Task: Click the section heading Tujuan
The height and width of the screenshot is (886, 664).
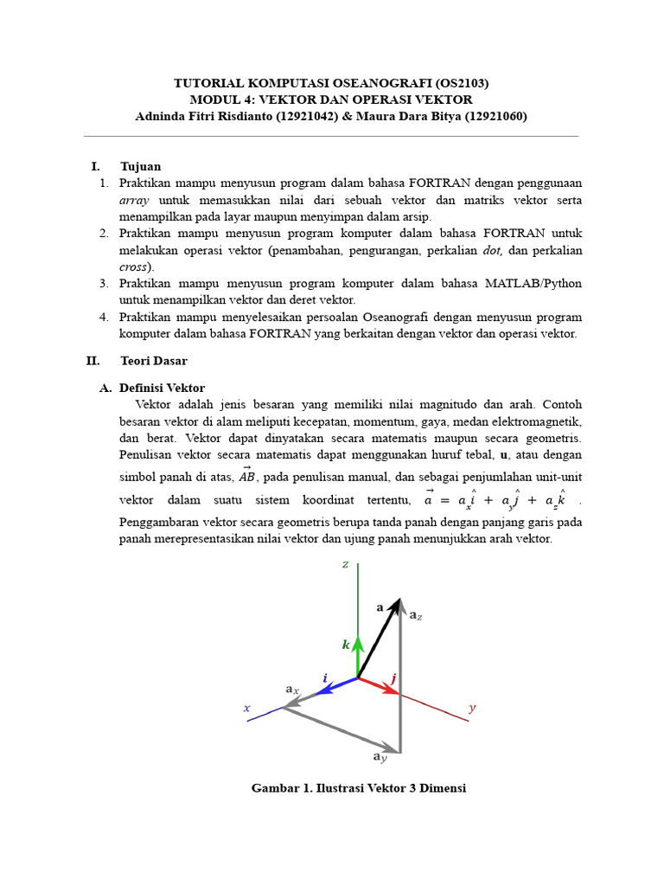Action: [x=140, y=166]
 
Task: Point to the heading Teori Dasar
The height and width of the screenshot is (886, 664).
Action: [x=154, y=360]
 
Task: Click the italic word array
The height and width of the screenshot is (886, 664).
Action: [x=134, y=200]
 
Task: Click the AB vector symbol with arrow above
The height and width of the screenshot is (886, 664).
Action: [x=247, y=475]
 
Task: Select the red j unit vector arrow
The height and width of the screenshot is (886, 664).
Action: [x=379, y=686]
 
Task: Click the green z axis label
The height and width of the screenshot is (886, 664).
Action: [x=345, y=565]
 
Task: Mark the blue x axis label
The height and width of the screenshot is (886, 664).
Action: [x=246, y=708]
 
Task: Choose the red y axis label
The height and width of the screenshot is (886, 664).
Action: [x=472, y=708]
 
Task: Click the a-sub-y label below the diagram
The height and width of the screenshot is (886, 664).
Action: [x=380, y=757]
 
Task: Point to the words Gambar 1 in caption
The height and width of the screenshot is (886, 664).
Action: [x=276, y=788]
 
